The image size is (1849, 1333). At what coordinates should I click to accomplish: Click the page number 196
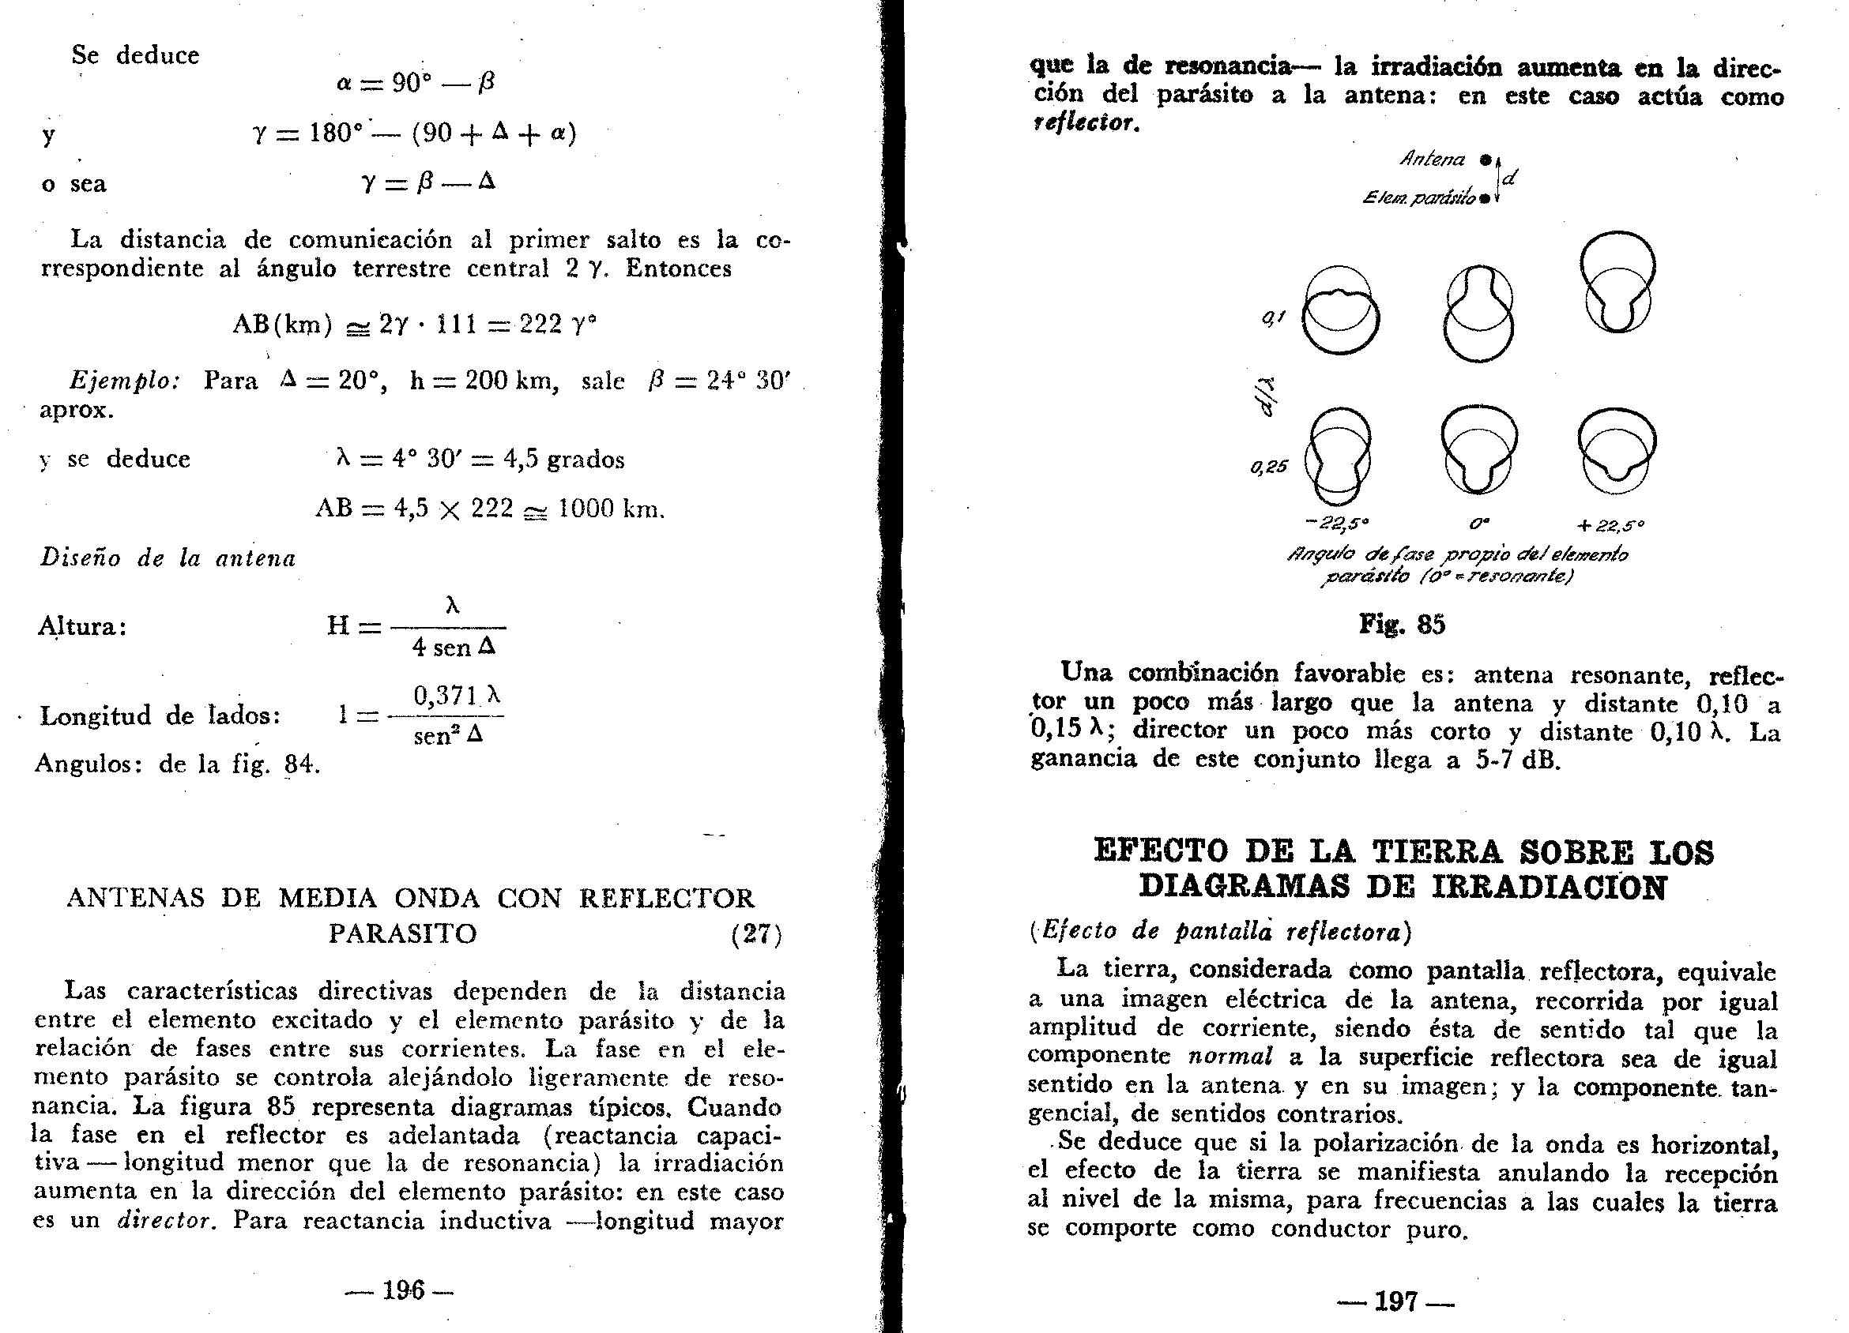404,1290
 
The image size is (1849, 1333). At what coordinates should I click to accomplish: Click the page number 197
1395,1301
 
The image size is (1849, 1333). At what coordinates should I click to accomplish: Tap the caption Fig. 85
1402,624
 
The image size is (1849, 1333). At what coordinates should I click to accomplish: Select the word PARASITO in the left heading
403,933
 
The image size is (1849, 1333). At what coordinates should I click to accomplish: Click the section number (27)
756,933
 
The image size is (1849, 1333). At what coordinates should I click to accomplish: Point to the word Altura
81,626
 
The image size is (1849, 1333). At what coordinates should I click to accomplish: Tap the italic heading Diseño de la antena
168,558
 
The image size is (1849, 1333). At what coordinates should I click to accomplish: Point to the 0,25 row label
1268,467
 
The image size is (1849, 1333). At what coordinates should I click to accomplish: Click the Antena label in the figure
1433,159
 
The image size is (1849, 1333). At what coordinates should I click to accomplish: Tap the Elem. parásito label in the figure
1418,197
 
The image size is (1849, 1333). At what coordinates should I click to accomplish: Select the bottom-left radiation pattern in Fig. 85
1338,455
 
